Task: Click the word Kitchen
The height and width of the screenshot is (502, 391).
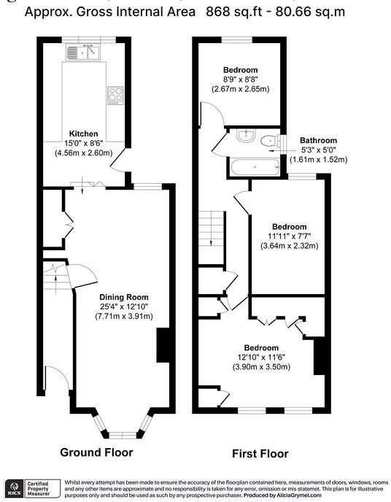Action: pyautogui.click(x=83, y=134)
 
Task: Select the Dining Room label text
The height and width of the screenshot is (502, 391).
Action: pyautogui.click(x=123, y=297)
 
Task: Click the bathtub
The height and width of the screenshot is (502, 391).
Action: pyautogui.click(x=254, y=166)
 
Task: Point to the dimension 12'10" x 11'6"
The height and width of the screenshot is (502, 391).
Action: pyautogui.click(x=261, y=357)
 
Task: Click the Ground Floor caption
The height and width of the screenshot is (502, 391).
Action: pyautogui.click(x=96, y=452)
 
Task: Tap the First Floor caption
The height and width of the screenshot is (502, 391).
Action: pyautogui.click(x=260, y=453)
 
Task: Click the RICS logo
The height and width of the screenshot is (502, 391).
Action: pyautogui.click(x=12, y=487)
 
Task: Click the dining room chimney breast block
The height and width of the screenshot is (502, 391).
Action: pyautogui.click(x=163, y=345)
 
